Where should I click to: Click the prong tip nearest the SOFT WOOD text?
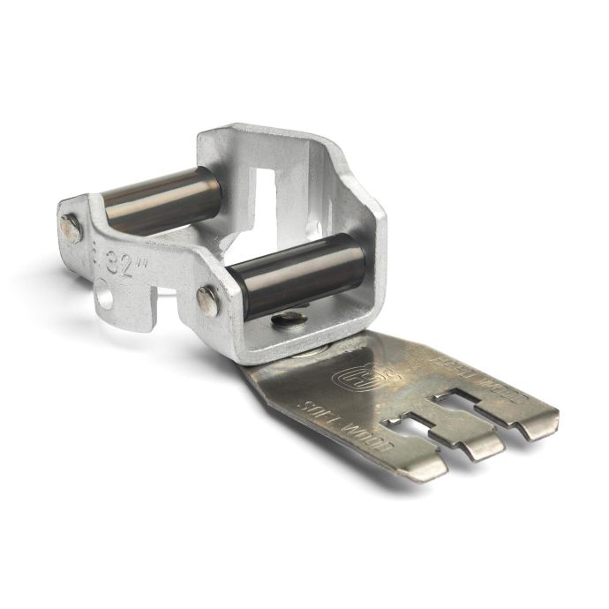point(422,467)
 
